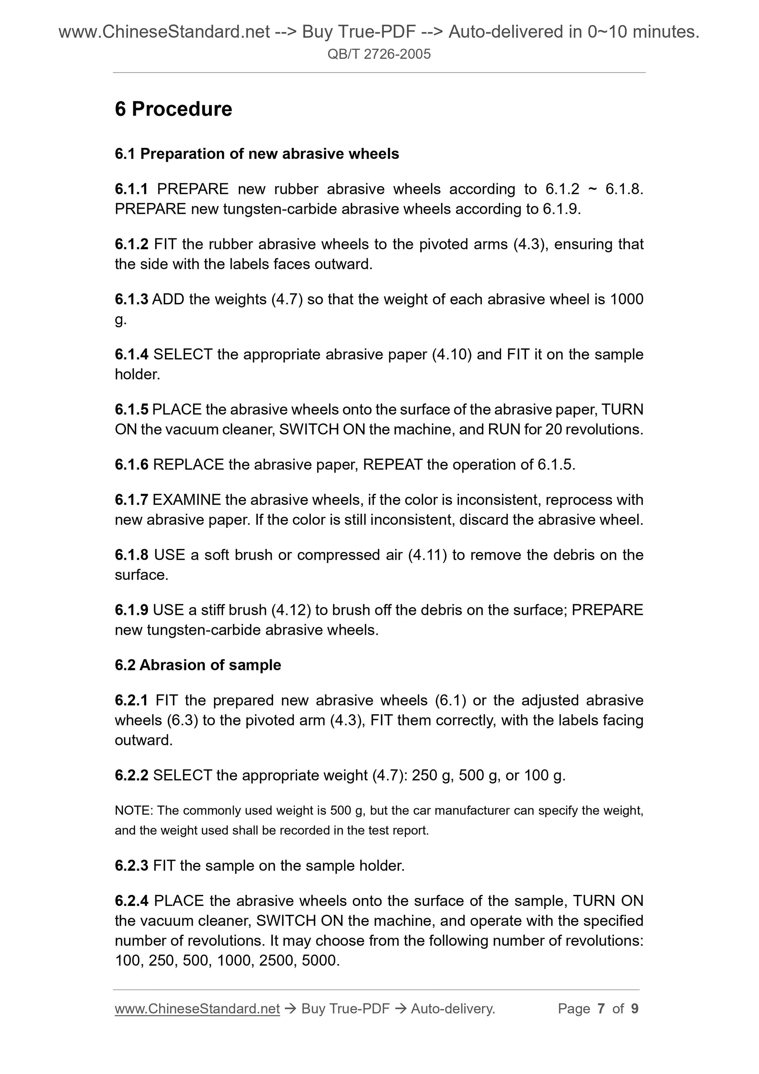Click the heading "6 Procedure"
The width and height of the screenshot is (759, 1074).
point(173,109)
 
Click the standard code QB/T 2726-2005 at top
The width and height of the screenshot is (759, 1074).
point(379,54)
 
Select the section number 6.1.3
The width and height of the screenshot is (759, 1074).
point(131,299)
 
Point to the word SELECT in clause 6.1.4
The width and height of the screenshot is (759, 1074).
point(183,354)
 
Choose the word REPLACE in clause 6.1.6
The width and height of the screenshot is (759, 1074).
point(188,465)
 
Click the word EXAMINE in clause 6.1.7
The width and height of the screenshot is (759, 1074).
point(186,500)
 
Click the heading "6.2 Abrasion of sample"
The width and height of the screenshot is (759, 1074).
point(198,665)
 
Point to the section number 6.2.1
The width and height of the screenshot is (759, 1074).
point(131,700)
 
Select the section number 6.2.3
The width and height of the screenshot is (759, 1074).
point(131,865)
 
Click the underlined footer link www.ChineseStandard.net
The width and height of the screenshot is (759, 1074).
point(197,1008)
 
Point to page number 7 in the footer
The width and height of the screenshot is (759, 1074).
point(601,1008)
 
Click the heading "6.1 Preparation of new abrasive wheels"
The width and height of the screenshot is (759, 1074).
point(257,154)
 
